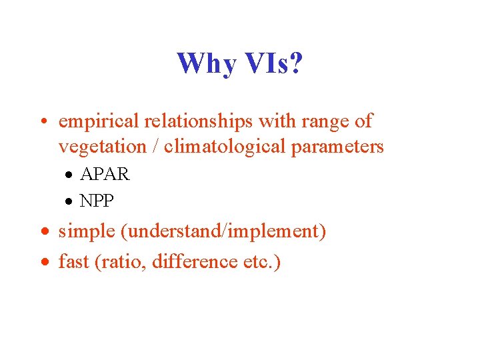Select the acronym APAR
pos(105,175)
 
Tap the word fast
pos(73,263)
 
